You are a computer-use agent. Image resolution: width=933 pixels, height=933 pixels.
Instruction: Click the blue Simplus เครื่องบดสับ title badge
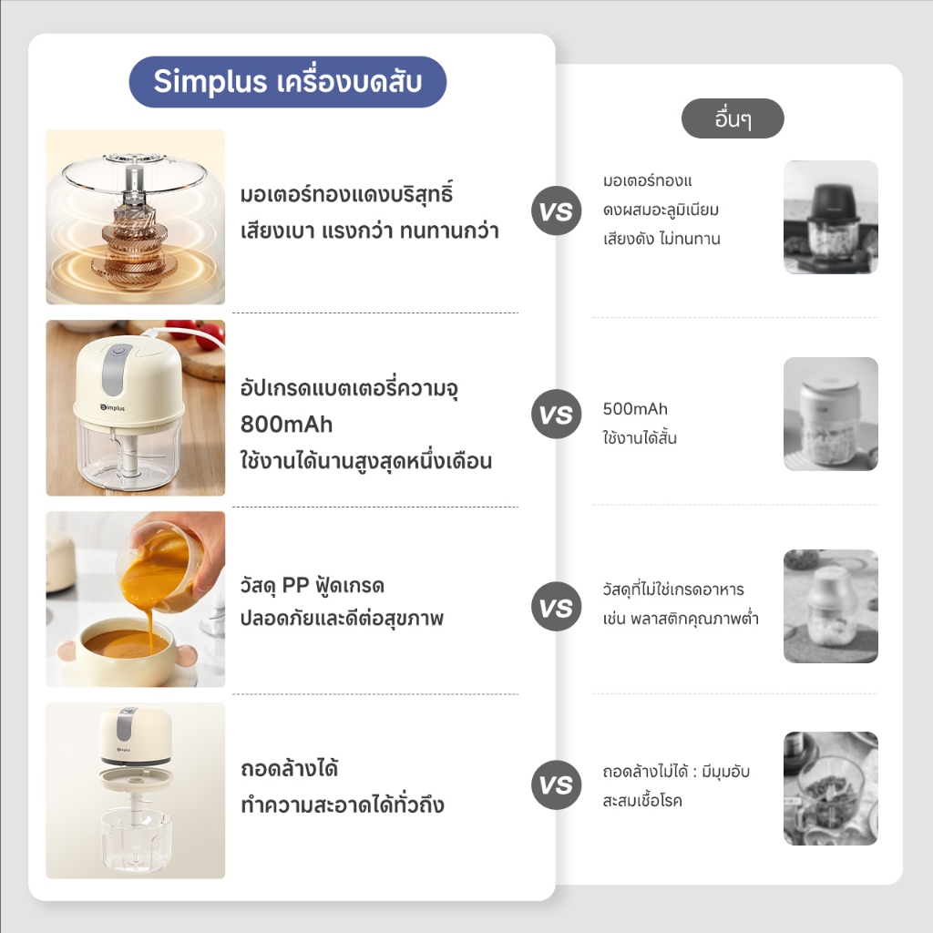click(x=287, y=81)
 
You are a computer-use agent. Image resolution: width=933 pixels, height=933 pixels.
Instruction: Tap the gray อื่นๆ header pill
click(x=733, y=118)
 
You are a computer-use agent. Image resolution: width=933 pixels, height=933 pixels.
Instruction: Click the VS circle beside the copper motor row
click(x=557, y=210)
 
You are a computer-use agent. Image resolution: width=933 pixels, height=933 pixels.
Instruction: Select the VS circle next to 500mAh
click(x=557, y=415)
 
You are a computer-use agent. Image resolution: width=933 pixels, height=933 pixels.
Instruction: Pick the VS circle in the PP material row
click(x=557, y=606)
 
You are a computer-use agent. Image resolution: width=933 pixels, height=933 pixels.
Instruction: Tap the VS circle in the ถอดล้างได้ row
click(x=557, y=784)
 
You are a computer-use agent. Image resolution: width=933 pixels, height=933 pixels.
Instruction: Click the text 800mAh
click(x=286, y=425)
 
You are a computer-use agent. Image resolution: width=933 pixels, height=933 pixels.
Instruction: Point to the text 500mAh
click(x=635, y=409)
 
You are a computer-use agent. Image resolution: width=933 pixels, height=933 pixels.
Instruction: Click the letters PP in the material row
click(x=295, y=585)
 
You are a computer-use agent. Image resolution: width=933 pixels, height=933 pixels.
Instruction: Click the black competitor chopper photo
click(x=831, y=217)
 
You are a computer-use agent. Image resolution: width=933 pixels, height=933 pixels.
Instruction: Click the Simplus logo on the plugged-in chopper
click(x=112, y=407)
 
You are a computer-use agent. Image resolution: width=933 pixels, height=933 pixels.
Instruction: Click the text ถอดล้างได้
click(x=289, y=769)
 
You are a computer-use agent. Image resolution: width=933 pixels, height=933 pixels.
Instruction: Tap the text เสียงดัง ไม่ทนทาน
click(x=661, y=239)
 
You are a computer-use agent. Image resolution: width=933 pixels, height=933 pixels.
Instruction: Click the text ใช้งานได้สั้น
click(x=640, y=438)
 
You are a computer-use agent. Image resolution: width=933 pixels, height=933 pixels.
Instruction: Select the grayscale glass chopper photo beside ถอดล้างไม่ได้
click(x=831, y=788)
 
